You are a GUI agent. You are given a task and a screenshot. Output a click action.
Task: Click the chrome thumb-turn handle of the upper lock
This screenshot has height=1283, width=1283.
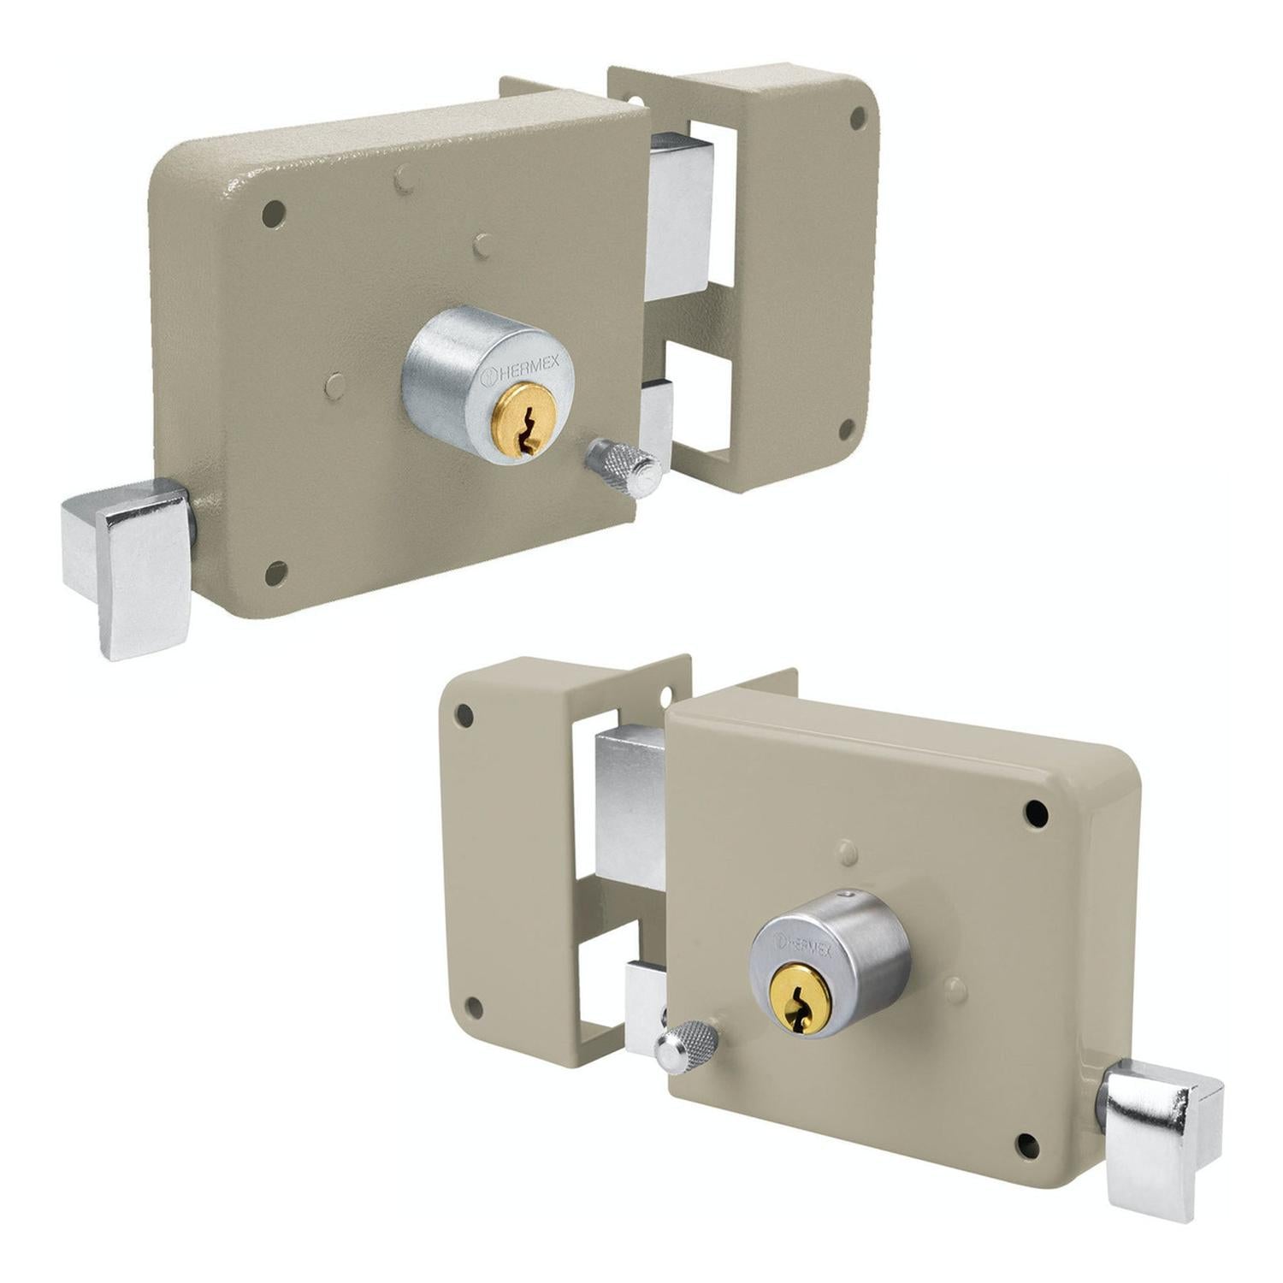point(128,565)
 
